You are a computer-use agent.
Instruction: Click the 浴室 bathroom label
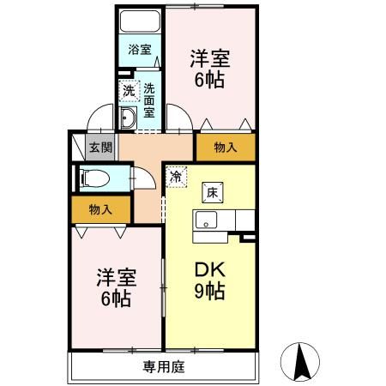[x=139, y=49]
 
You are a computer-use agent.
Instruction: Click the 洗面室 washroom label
[x=149, y=100]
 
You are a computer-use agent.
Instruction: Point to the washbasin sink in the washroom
[x=129, y=119]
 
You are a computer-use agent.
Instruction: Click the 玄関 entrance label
[x=100, y=147]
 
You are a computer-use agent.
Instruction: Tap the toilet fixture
[x=95, y=178]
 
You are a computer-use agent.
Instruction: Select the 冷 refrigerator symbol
[x=176, y=176]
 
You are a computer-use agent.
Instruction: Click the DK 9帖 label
[x=209, y=280]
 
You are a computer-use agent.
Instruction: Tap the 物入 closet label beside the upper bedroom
[x=225, y=148]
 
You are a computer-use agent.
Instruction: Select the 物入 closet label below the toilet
[x=100, y=208]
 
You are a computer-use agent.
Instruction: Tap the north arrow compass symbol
[x=302, y=361]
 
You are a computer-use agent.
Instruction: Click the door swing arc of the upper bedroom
[x=179, y=112]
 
